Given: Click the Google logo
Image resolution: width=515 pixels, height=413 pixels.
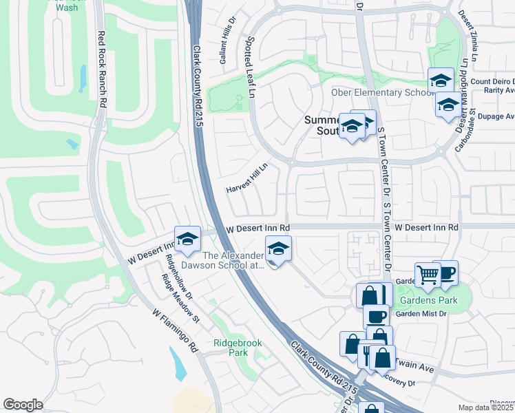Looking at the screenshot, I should click(23, 404).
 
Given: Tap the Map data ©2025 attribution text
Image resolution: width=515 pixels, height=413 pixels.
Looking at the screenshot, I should click(486, 407).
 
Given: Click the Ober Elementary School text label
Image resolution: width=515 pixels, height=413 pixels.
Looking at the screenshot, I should click(372, 93).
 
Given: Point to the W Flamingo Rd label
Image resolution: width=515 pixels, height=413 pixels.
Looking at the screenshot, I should click(175, 331).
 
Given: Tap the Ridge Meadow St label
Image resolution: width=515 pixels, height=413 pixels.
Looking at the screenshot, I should click(180, 299).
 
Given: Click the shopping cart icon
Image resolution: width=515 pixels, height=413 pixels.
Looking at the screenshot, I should click(428, 275).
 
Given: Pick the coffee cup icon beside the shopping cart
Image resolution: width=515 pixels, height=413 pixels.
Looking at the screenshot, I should click(445, 273).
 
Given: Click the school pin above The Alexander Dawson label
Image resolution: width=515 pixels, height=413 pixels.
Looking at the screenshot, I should click(279, 248).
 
